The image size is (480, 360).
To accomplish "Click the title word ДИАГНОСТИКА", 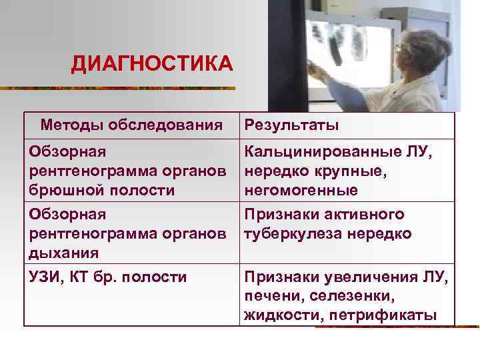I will [152, 65].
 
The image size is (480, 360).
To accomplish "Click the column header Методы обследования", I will [131, 124].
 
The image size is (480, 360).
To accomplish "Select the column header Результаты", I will [291, 125].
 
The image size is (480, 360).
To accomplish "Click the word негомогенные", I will [291, 190].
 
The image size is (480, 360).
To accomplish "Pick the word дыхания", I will [64, 253].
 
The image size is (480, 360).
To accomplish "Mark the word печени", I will [268, 295].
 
